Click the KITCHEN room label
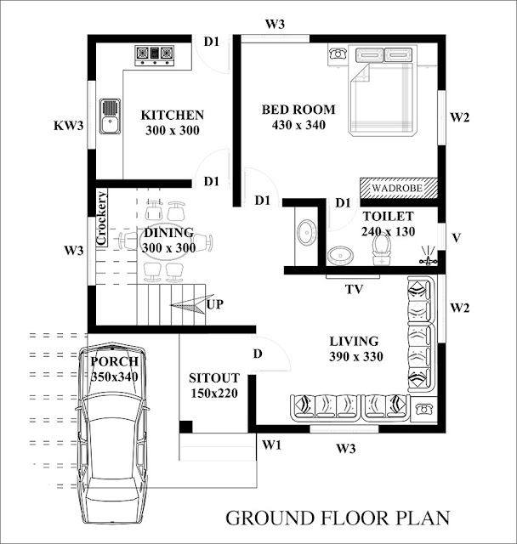point(172,116)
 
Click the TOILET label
point(388,217)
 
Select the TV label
point(354,289)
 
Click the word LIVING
point(355,342)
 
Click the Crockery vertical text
point(101,219)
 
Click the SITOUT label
point(214,377)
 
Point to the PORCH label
point(114,361)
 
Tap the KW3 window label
point(68,126)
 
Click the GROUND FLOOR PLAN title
point(336,517)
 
